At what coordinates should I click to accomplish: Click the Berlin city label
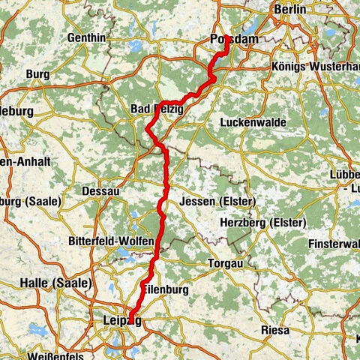coord(290,9)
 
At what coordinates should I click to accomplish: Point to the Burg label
coord(37,74)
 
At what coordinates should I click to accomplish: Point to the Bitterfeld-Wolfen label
coord(115,241)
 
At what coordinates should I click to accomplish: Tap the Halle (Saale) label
coord(56,283)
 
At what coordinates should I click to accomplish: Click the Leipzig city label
coord(120,322)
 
